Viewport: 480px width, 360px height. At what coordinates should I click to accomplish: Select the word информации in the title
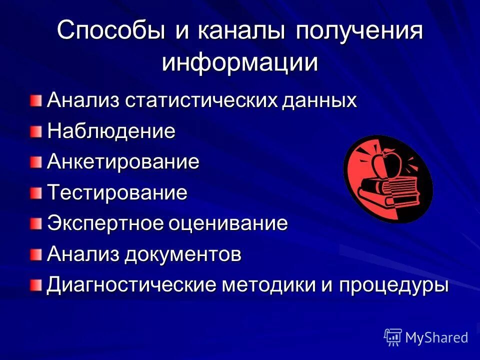[240, 63]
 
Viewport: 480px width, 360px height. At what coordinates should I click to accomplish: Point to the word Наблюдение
[111, 131]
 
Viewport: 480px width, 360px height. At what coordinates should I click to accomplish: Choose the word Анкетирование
[123, 162]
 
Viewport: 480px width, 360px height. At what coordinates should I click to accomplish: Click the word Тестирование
[117, 192]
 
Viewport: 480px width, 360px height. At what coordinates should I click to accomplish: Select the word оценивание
[227, 223]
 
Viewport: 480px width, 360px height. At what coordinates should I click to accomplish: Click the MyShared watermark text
[436, 337]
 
